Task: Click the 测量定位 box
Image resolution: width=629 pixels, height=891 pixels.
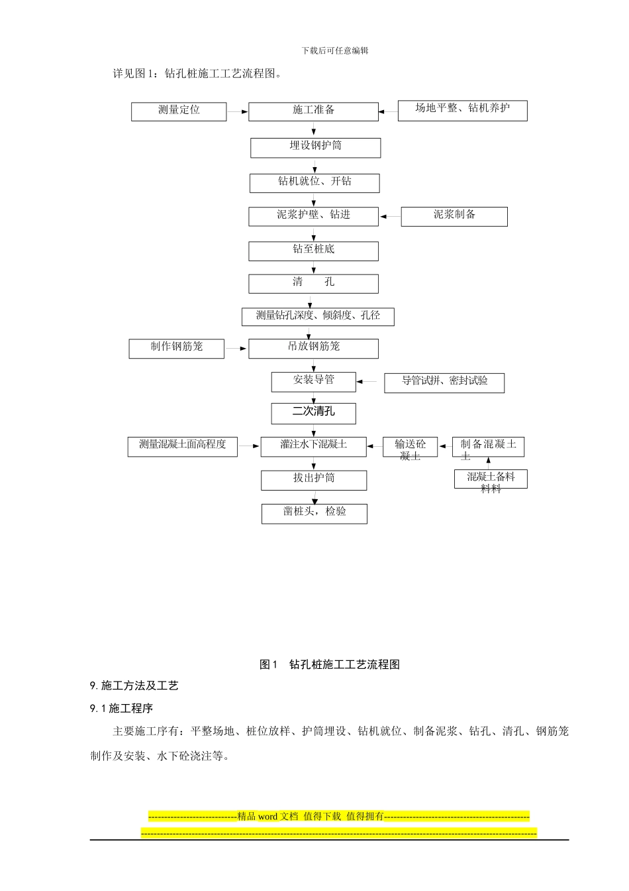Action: [179, 111]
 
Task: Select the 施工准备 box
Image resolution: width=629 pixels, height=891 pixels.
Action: [313, 111]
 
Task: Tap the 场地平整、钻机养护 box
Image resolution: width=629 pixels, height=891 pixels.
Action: [462, 111]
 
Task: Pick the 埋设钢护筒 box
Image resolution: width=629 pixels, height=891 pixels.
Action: [315, 147]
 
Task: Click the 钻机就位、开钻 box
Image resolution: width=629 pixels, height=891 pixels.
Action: [314, 182]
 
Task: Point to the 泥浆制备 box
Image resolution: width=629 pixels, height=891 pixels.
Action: [454, 216]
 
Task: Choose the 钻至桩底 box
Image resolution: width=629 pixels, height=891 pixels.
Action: [313, 251]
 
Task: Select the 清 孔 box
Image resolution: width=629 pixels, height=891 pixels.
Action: [313, 283]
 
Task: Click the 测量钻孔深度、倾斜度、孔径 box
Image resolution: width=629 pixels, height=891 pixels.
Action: [318, 316]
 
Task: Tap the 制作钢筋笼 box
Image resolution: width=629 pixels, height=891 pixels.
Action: [176, 348]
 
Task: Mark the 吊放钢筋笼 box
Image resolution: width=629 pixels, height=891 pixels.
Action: [313, 348]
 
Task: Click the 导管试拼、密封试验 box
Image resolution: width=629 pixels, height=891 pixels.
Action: [444, 383]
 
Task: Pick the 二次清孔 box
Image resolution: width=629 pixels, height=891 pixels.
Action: [313, 413]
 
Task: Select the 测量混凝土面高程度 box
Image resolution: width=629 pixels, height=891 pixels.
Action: [182, 446]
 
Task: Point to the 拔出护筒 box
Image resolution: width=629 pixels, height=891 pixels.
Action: [314, 480]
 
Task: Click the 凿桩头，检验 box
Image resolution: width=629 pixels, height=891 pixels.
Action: [314, 513]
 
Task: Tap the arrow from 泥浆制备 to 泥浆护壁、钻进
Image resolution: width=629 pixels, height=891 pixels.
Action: [390, 216]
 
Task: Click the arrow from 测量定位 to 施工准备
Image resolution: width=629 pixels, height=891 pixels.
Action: [238, 112]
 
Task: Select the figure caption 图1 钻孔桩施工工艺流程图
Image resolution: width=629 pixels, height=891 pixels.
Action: [330, 664]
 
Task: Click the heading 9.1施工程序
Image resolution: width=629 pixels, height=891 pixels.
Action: [122, 708]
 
